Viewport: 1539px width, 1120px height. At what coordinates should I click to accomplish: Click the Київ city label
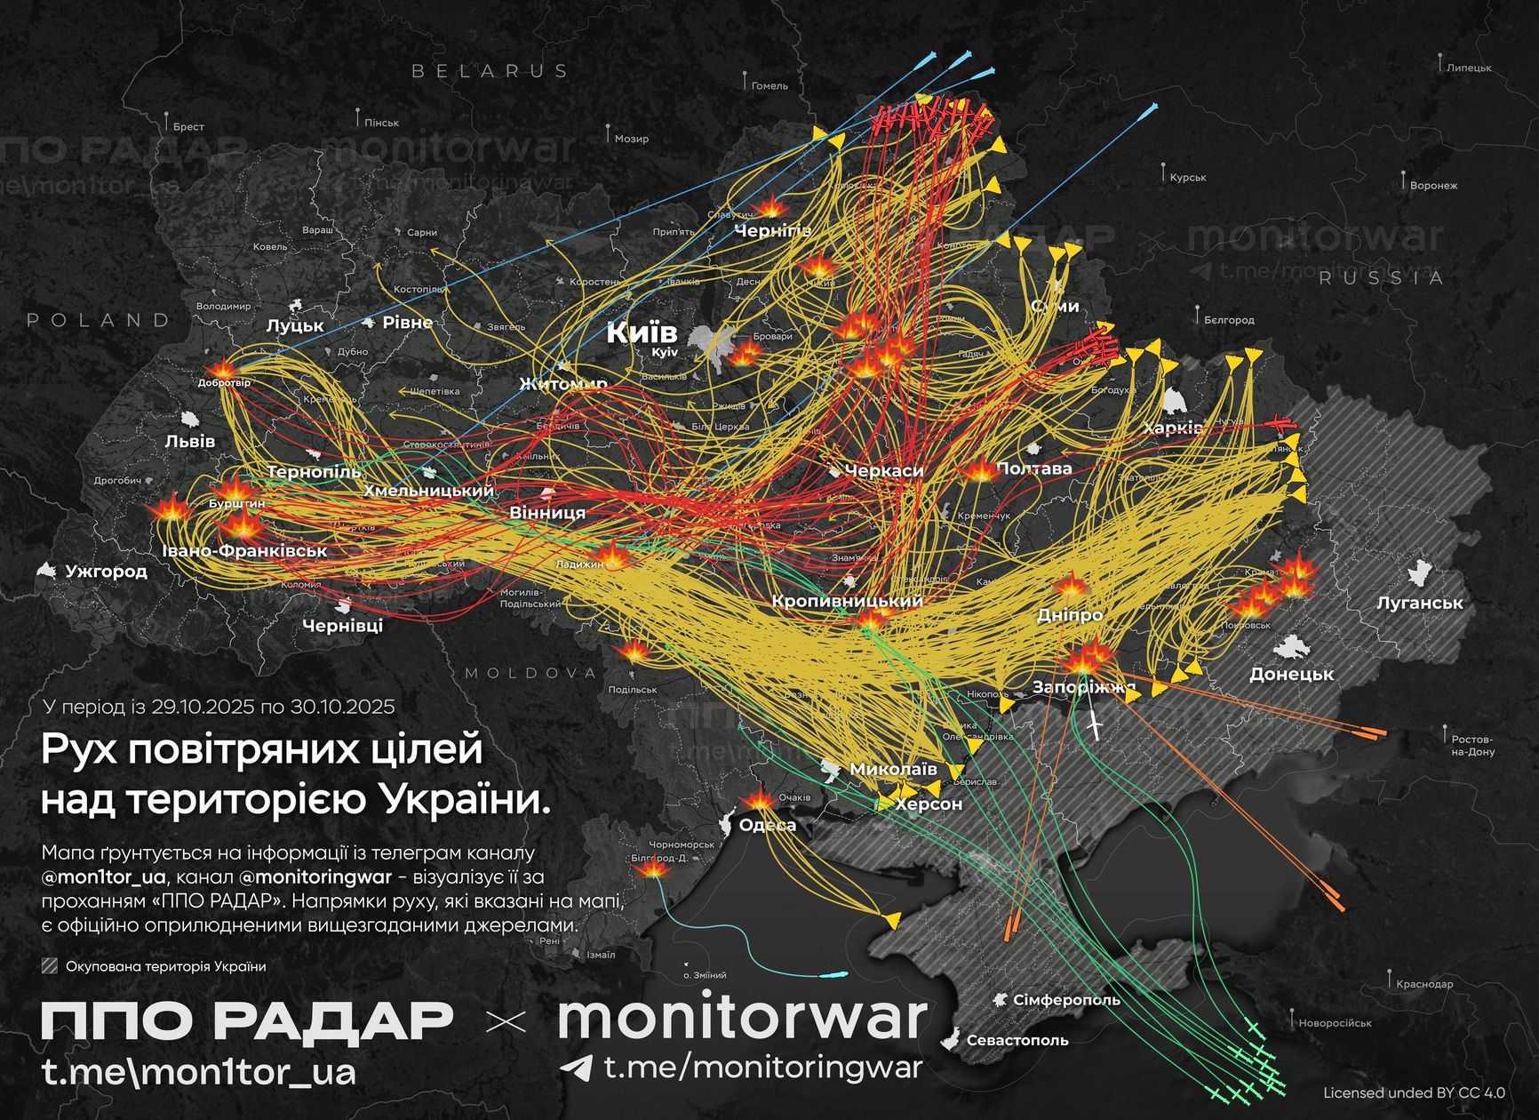pos(642,333)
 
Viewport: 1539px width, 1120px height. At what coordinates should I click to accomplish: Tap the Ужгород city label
pos(106,571)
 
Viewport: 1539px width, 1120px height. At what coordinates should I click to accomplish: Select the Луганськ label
pos(1419,603)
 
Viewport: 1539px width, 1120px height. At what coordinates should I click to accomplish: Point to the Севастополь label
pos(1017,1040)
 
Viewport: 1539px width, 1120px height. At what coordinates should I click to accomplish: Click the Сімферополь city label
pos(1066,1000)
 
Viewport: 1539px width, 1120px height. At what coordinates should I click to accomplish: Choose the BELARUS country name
pos(490,71)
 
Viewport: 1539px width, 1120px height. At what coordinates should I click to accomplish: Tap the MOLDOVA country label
pos(530,673)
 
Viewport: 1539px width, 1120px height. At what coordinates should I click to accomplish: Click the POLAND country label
pos(99,320)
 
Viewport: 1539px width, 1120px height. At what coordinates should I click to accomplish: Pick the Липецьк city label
pos(1469,68)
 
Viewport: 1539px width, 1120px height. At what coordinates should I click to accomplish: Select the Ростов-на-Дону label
pos(1472,745)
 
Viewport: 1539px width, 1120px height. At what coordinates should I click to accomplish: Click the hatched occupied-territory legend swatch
pos(50,966)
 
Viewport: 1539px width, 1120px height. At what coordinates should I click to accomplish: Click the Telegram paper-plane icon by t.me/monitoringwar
pos(578,1068)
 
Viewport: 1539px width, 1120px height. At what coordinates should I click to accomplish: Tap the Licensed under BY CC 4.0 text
pos(1414,1092)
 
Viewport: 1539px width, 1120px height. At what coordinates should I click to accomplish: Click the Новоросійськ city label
pos(1335,1023)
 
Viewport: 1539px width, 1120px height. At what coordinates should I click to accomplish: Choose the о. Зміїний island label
pos(704,975)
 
